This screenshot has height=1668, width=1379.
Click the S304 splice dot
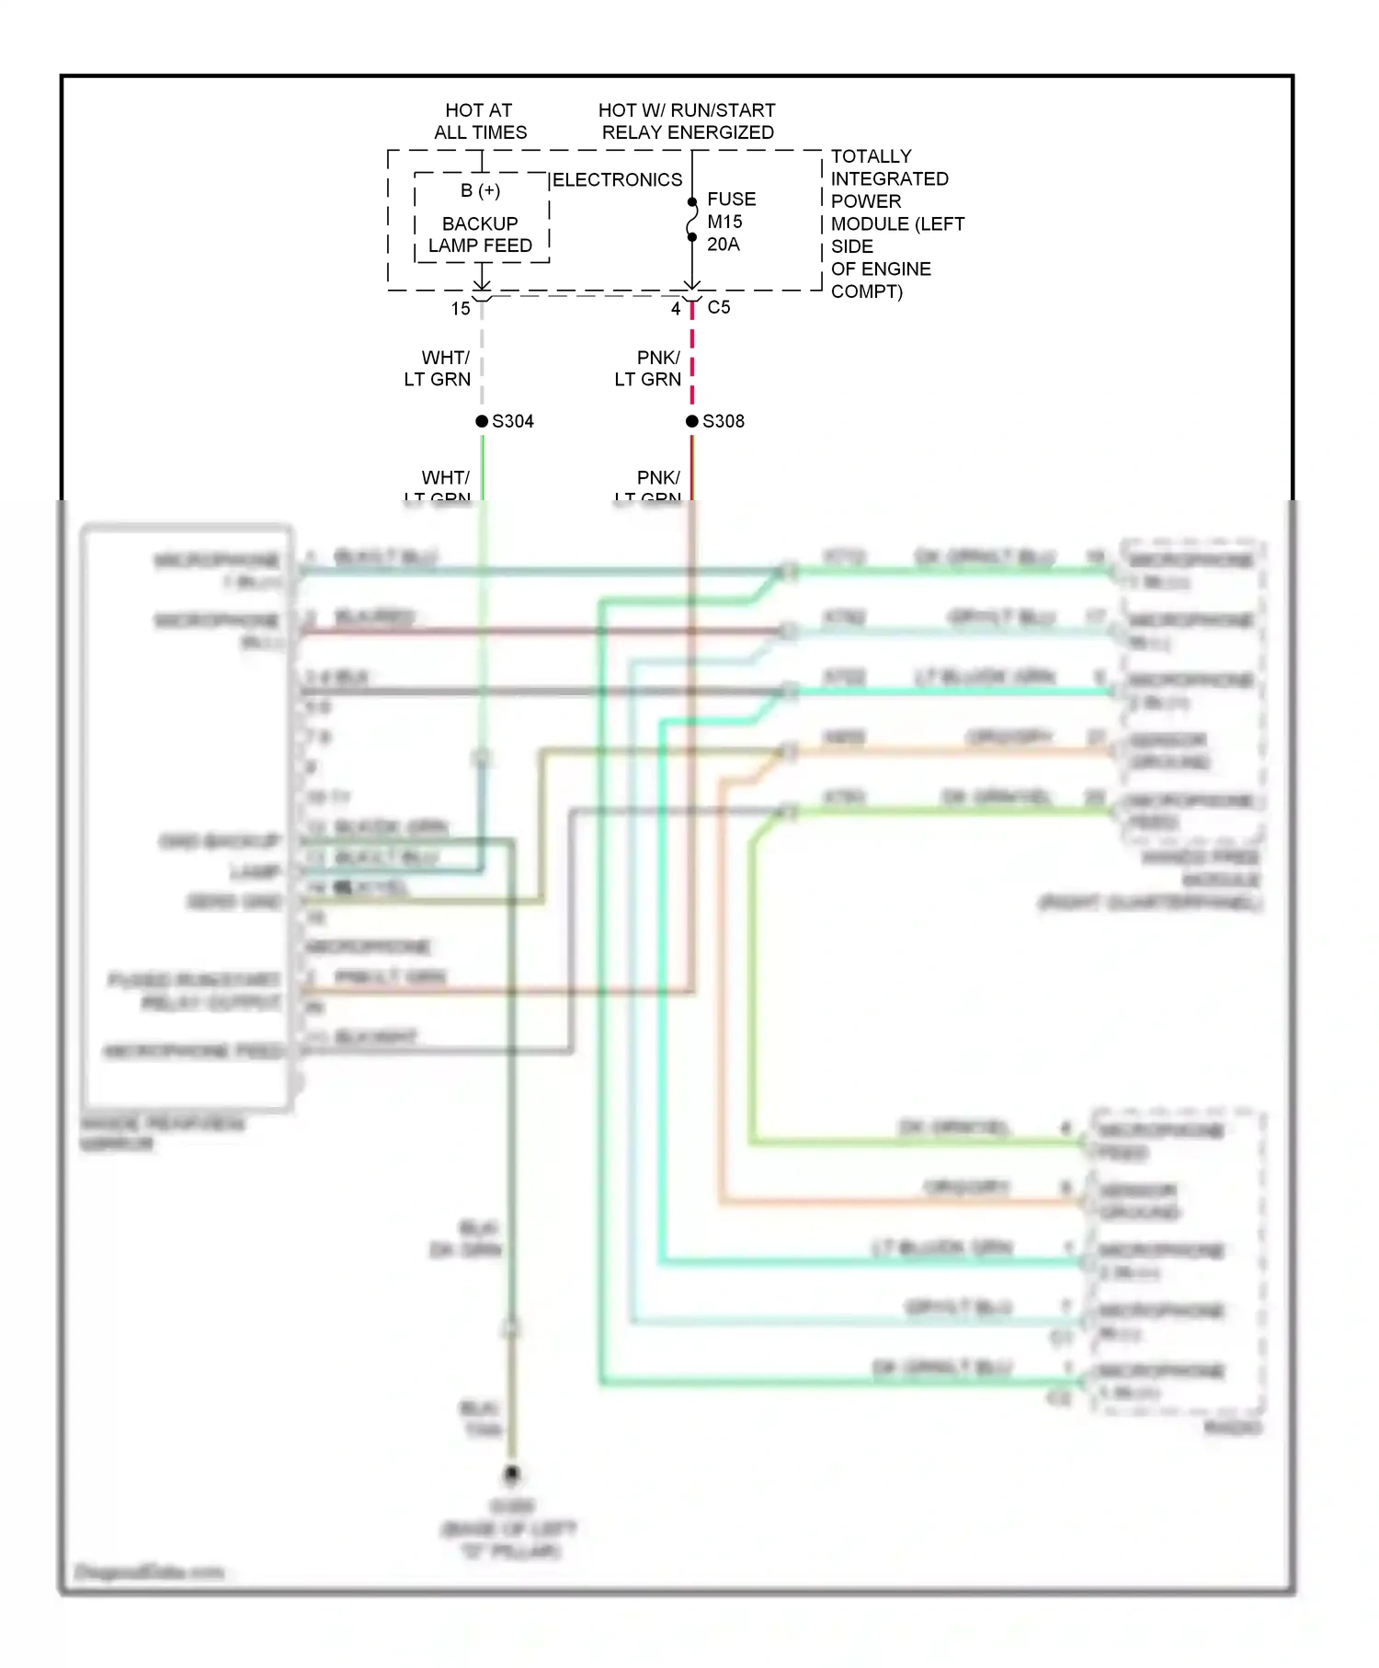point(482,421)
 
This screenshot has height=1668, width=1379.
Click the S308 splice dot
point(692,421)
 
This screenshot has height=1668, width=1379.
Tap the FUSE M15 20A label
point(730,222)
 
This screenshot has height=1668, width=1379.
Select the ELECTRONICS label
point(617,180)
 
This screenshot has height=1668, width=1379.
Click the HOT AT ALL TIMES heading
point(480,121)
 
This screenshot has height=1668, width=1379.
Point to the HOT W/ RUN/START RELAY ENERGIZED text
point(687,121)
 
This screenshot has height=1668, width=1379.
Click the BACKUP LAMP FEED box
point(481,234)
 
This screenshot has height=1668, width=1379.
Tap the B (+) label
point(480,190)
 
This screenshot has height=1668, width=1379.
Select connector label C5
point(719,307)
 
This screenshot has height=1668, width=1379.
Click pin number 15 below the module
point(461,309)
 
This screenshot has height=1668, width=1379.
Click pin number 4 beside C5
point(676,309)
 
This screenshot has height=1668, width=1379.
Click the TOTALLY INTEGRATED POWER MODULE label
point(896,223)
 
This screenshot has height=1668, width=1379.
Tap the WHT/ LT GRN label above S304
point(439,368)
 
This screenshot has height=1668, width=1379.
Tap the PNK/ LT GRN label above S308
point(649,368)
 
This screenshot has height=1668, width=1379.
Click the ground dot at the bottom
point(512,1474)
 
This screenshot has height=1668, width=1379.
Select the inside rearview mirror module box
point(187,818)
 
